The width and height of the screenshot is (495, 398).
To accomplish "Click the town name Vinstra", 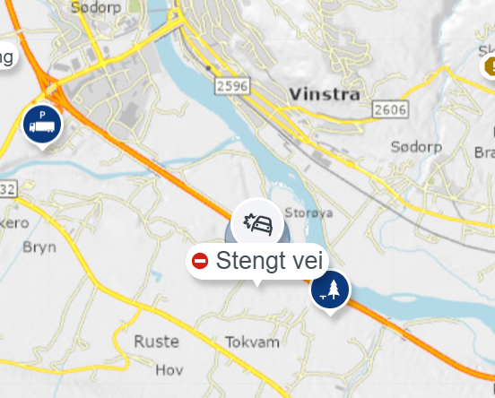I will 324,93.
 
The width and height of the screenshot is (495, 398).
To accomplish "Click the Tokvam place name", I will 253,342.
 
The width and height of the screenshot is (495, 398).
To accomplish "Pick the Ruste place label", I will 156,342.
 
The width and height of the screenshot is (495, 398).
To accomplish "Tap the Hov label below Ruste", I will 169,369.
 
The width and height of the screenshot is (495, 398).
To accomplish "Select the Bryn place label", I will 39,247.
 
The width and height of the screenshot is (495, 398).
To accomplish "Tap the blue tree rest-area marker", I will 330,289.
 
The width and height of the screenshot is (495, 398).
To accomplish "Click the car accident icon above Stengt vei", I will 257,223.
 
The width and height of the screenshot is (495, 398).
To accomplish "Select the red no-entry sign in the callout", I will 200,261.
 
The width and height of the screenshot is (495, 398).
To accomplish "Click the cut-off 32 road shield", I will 7,189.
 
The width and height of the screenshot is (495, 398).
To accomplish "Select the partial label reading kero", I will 14,222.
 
